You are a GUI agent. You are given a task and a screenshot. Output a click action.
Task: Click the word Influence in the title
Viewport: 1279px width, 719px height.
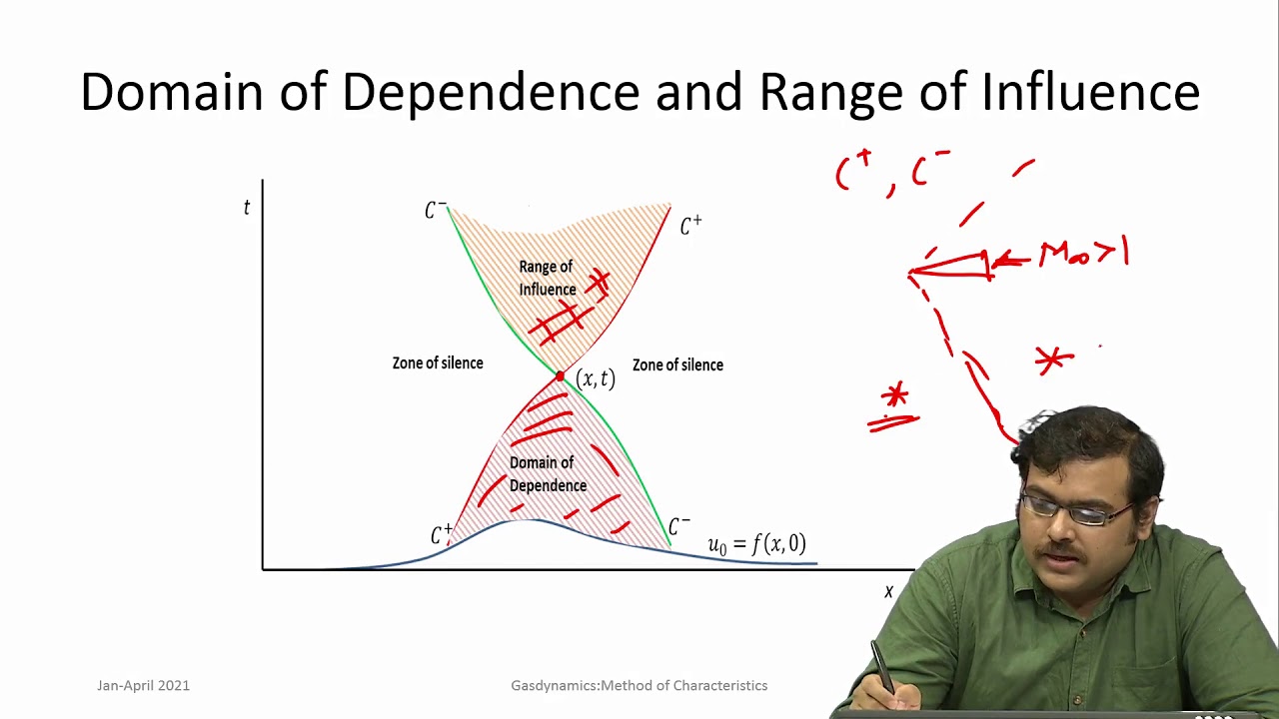coord(1090,92)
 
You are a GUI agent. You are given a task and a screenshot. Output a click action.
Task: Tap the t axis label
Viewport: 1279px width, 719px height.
coord(247,207)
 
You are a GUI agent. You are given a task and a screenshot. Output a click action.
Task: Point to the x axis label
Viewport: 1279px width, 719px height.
coord(888,591)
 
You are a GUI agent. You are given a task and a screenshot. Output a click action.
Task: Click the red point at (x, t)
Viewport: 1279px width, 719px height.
coord(560,376)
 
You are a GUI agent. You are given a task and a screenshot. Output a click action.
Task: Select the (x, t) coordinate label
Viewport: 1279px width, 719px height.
coord(596,378)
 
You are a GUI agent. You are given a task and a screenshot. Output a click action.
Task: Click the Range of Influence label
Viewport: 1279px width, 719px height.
coord(547,278)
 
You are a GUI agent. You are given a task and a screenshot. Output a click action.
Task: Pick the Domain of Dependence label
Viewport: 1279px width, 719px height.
coord(547,474)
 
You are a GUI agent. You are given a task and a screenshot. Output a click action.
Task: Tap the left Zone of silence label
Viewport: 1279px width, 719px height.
coord(438,363)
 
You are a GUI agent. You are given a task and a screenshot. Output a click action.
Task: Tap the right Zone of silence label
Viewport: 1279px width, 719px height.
coord(677,365)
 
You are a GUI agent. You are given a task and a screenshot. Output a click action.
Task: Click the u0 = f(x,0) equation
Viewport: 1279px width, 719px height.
coord(756,544)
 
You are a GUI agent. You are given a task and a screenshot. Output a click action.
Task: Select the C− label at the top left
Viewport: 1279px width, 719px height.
coord(436,210)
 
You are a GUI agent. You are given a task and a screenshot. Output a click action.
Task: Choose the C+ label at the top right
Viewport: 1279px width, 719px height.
coord(690,226)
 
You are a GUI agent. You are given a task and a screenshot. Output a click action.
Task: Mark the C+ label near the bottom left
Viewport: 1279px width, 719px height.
coord(441,535)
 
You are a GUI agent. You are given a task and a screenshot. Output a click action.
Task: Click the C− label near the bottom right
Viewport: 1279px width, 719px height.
coord(679,526)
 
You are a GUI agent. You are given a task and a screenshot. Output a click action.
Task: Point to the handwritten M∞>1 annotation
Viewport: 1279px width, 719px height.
coord(1083,254)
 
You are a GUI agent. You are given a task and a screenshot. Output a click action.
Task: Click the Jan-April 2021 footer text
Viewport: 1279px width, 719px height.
coord(143,685)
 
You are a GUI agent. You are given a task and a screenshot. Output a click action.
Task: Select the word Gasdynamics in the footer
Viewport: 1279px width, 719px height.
coord(552,685)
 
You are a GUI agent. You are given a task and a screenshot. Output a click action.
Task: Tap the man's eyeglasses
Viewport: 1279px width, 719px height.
coord(1073,510)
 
